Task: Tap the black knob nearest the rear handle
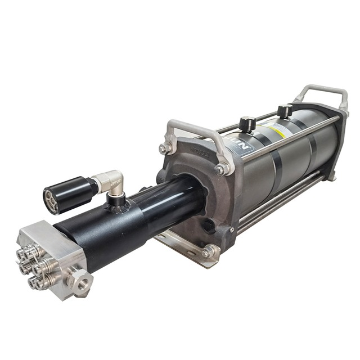284,110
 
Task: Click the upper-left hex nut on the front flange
165,148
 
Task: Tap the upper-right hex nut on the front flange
223,168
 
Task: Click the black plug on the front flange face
209,226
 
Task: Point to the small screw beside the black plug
231,230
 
